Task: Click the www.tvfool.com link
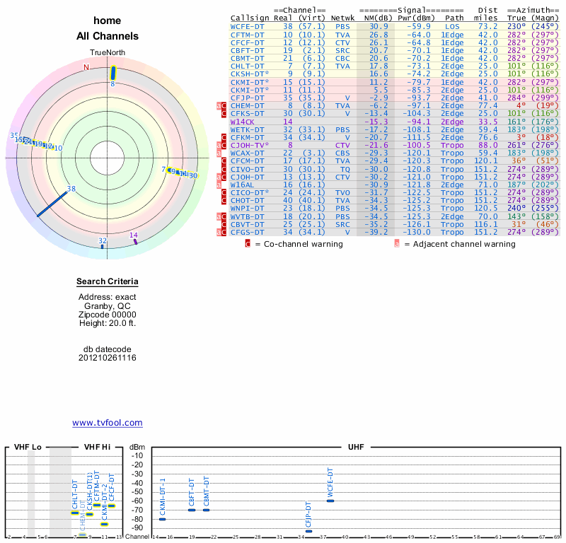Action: pos(108,423)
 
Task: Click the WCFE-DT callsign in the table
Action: pos(248,26)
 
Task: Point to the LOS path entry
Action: pos(452,26)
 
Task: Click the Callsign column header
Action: pos(250,18)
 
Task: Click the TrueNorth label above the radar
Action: pos(108,54)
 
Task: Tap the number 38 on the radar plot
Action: pos(71,189)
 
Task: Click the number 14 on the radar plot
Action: pos(134,235)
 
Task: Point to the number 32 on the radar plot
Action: pos(103,241)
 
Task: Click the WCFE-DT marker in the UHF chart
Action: pos(330,501)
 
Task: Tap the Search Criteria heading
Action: pos(108,282)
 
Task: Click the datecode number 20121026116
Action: pos(108,358)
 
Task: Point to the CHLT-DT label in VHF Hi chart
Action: pos(75,495)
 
